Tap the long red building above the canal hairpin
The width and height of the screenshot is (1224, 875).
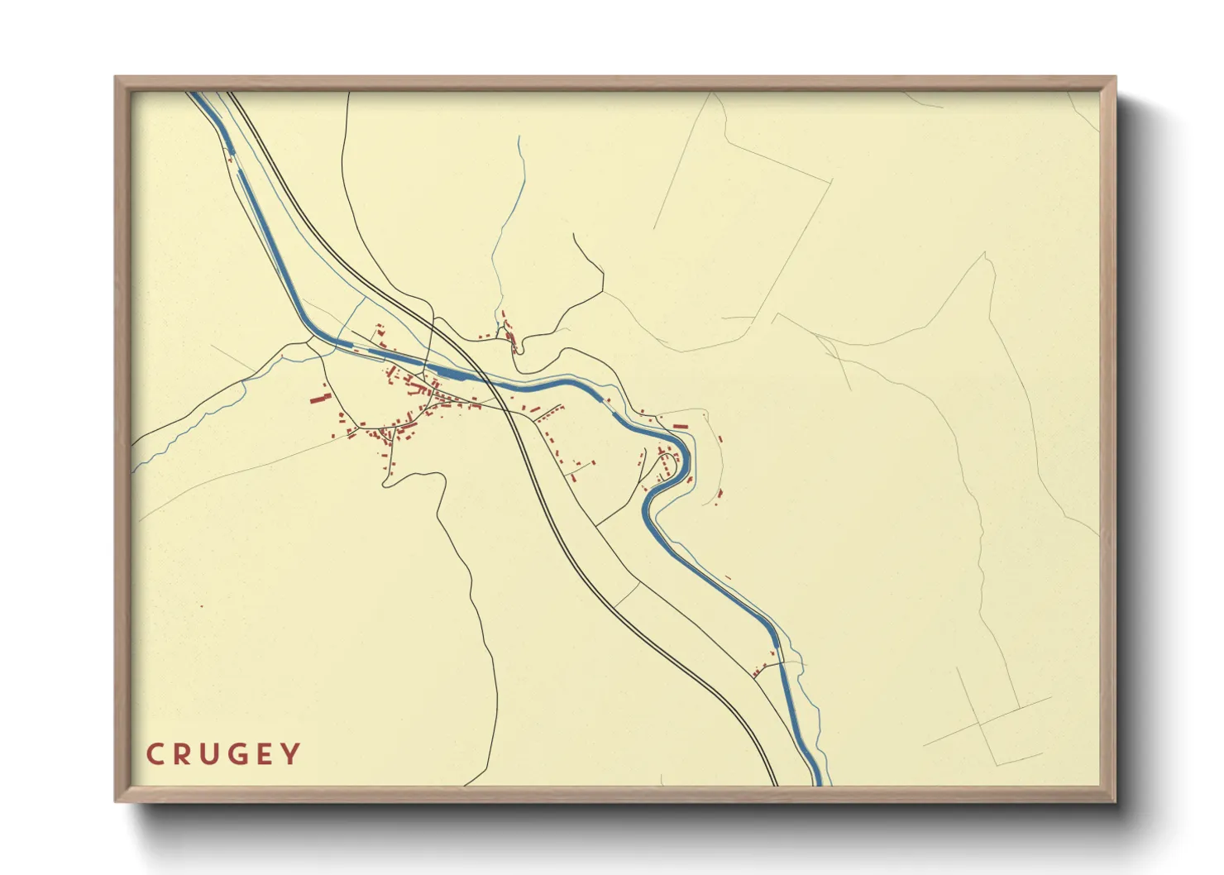[x=681, y=426]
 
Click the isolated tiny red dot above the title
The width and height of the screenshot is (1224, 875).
[x=201, y=606]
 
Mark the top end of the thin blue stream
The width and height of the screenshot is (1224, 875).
[x=519, y=137]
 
